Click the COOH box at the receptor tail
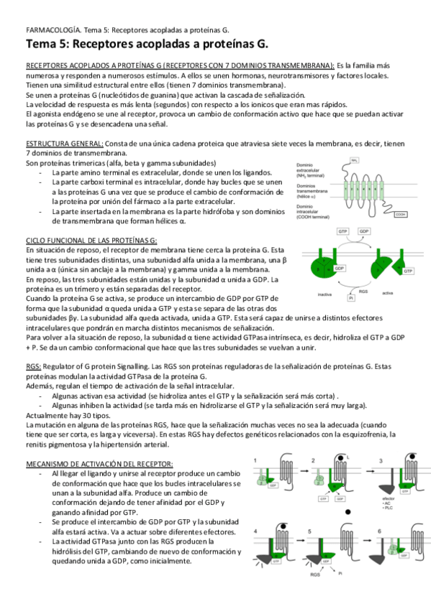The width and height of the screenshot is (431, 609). click(x=401, y=214)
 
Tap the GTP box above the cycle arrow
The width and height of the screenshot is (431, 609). click(x=344, y=232)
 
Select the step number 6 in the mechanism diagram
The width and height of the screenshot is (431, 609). click(x=361, y=531)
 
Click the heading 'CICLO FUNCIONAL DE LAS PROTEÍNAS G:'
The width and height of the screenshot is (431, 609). click(x=91, y=239)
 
